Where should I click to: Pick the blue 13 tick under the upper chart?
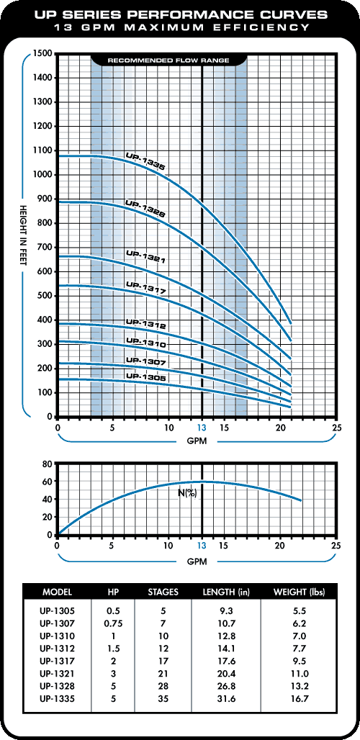(202, 428)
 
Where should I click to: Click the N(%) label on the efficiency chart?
(188, 495)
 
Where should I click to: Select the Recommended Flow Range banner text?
(168, 60)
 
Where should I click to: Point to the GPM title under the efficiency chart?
(197, 561)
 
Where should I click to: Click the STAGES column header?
(163, 592)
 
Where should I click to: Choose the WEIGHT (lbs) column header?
(300, 592)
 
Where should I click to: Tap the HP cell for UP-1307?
(113, 622)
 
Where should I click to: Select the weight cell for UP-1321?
(300, 671)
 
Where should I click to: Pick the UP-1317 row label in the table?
(57, 659)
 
